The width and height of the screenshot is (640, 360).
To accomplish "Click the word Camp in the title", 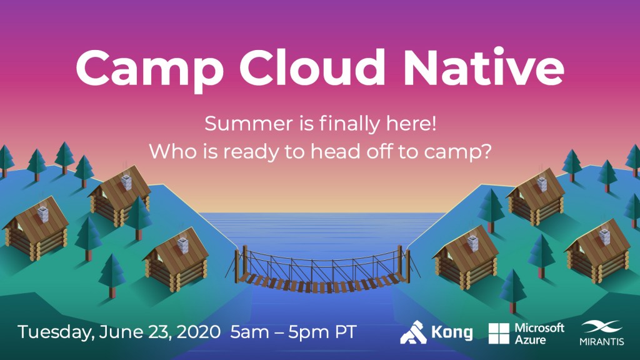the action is (149, 68).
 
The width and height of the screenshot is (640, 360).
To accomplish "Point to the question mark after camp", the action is (486, 151).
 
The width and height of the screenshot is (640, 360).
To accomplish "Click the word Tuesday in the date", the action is (55, 332).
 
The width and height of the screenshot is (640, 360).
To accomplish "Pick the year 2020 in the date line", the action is (199, 332).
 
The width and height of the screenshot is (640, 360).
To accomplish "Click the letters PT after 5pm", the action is (346, 332).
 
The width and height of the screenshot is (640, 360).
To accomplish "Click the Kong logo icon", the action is (414, 332).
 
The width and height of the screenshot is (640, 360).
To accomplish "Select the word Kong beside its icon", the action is (452, 332).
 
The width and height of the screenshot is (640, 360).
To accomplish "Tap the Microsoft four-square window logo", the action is (499, 334).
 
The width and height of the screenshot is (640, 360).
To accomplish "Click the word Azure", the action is (530, 339).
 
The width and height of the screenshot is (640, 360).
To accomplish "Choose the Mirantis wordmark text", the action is (602, 341).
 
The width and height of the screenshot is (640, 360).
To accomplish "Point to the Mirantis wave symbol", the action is (602, 327).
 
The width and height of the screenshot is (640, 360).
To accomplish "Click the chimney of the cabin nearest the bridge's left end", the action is (183, 244).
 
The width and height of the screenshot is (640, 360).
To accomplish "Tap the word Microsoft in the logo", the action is (539, 327).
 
